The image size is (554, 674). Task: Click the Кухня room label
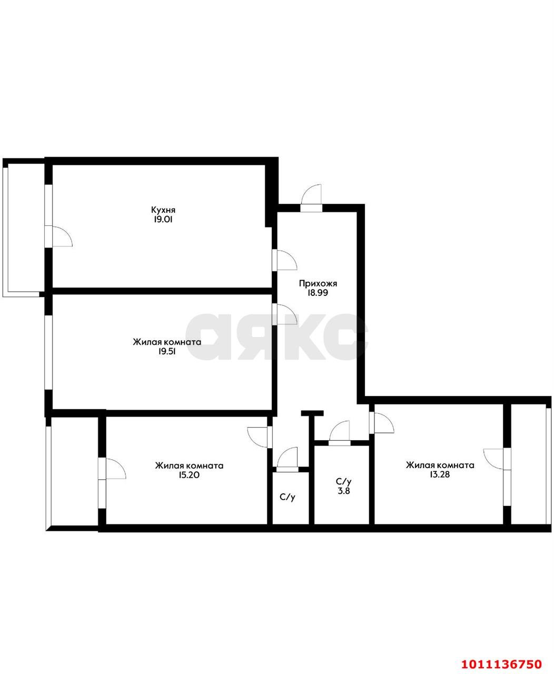(163, 210)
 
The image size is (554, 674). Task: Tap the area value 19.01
(163, 220)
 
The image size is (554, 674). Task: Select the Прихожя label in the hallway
(318, 284)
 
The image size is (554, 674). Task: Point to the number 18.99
(318, 293)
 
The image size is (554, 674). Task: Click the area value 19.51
(166, 352)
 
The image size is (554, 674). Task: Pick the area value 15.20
(189, 475)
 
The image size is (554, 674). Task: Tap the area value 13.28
(440, 474)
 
